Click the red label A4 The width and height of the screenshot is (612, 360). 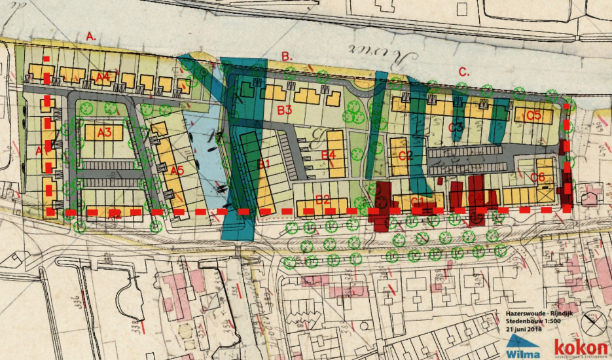pyautogui.click(x=102, y=77)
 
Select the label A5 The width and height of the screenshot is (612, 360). pyautogui.click(x=176, y=171)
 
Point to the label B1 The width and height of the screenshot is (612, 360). pyautogui.click(x=263, y=164)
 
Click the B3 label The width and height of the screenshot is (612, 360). pyautogui.click(x=284, y=110)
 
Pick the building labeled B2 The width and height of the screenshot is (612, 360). pyautogui.click(x=322, y=201)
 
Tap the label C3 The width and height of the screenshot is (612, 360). pyautogui.click(x=456, y=126)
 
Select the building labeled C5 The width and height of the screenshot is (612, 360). pyautogui.click(x=533, y=116)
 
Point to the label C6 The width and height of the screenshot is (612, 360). pyautogui.click(x=537, y=177)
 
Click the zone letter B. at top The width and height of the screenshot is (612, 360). pyautogui.click(x=287, y=56)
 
